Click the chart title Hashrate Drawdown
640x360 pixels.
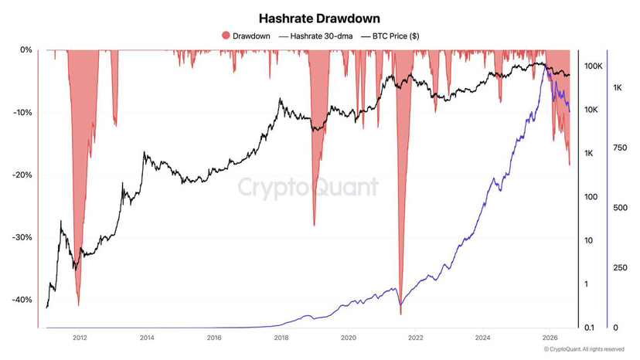coord(319,19)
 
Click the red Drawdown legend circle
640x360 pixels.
coord(226,36)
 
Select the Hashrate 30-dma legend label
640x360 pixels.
coord(322,36)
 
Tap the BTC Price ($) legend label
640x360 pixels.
coord(396,36)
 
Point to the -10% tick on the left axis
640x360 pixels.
coord(22,112)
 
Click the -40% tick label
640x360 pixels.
coord(22,300)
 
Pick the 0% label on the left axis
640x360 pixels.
coord(26,49)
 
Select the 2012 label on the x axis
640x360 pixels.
coord(80,338)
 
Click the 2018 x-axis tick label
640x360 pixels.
coord(281,338)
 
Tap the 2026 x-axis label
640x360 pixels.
coord(550,338)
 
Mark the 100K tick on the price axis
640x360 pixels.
coord(594,66)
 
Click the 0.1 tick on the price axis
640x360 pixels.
coord(589,328)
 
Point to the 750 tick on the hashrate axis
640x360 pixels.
coord(620,148)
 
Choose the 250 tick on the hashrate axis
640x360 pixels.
coord(620,268)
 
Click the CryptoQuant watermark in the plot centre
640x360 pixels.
coord(308,187)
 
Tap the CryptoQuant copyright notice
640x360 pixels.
coord(584,349)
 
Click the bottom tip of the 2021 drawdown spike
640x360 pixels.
coord(401,314)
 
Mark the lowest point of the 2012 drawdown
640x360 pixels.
coord(78,305)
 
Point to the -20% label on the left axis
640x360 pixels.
coord(22,175)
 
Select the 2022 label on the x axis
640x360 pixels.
coord(416,338)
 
